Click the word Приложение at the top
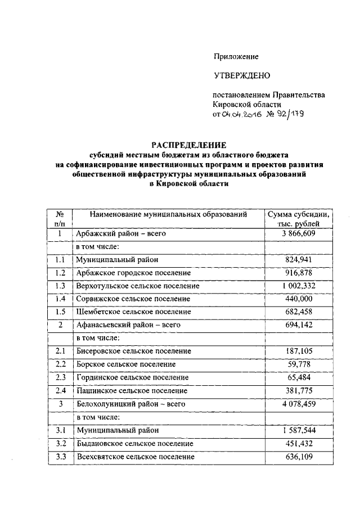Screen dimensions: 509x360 pyautogui.click(x=236, y=56)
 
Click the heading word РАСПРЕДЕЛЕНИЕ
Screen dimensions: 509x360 pyautogui.click(x=187, y=145)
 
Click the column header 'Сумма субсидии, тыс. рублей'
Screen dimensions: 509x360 pyautogui.click(x=299, y=219)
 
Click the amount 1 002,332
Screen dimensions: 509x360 pyautogui.click(x=299, y=286)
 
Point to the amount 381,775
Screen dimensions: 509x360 pyautogui.click(x=299, y=390)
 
